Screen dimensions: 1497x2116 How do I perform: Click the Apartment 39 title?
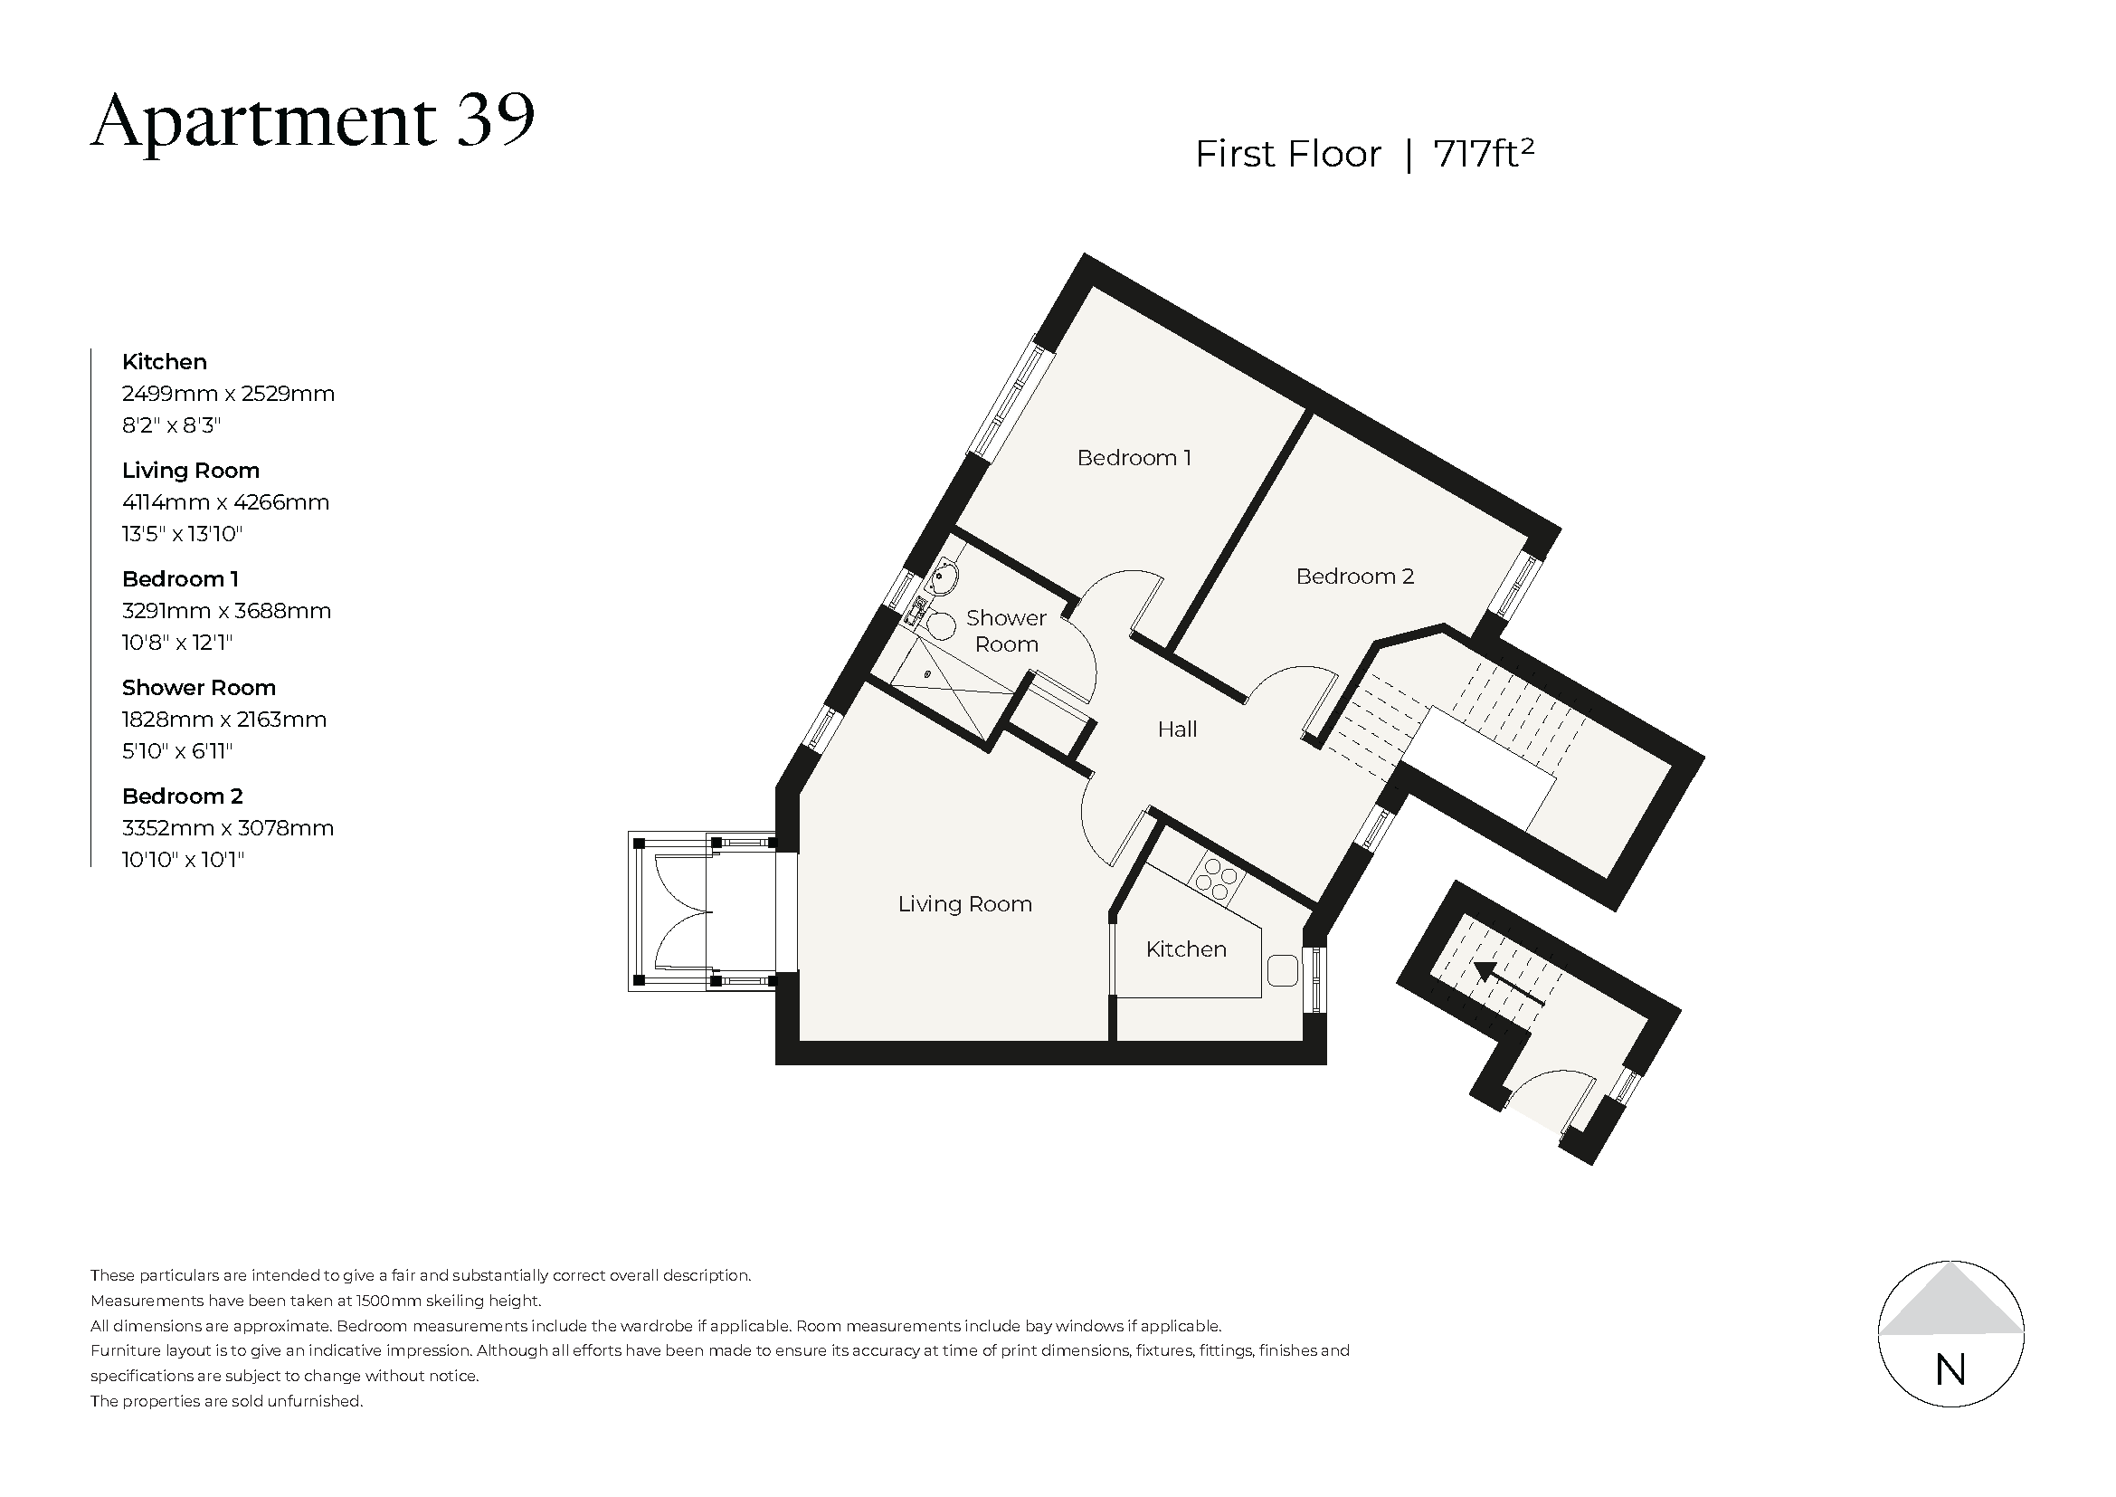312,121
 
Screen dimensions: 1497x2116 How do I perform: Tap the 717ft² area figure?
1483,154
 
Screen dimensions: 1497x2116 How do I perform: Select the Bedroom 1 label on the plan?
1134,458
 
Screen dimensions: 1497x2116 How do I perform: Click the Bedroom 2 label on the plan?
1354,577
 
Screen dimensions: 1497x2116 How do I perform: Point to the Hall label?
1177,730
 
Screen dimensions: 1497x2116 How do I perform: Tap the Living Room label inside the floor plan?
964,904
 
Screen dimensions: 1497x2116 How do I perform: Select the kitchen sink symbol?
1282,970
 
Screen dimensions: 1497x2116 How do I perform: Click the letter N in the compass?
1950,1370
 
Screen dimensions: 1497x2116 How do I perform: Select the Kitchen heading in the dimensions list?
164,362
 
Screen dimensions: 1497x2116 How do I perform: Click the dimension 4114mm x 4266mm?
225,502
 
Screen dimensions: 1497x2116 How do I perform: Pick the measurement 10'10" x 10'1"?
183,860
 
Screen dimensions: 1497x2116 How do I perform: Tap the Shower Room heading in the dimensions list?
198,688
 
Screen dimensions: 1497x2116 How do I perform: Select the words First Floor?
1287,154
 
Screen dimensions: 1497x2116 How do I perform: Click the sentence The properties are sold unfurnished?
226,1401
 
